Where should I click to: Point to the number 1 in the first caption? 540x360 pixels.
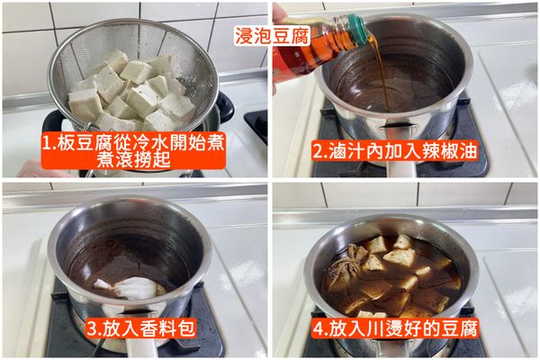[x=47, y=141]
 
